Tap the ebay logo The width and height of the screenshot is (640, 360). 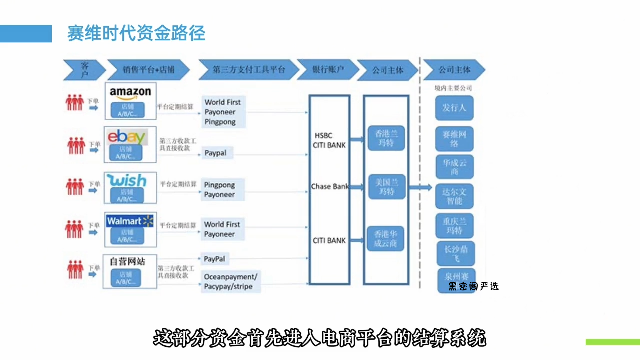[x=127, y=136]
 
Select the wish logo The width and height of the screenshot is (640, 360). [x=127, y=180]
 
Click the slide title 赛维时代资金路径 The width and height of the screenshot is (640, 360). [x=136, y=33]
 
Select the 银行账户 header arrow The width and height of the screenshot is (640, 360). [x=328, y=70]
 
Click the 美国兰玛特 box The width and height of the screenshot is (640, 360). [x=386, y=187]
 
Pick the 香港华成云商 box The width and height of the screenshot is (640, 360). [x=386, y=238]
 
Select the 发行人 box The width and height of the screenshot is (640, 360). [x=454, y=108]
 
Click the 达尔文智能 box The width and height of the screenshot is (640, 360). [x=454, y=196]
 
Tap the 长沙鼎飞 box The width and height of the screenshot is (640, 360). [x=455, y=253]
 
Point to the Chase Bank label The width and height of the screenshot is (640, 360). [x=330, y=186]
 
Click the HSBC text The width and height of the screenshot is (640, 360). [x=323, y=135]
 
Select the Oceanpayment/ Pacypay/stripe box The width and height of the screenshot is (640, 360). [x=231, y=282]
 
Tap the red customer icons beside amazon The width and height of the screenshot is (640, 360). [x=75, y=103]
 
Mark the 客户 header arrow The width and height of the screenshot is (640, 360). [x=84, y=70]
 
